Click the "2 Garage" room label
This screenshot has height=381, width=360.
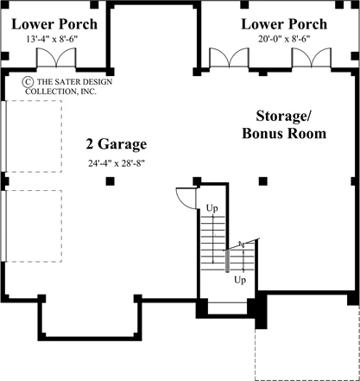(117, 144)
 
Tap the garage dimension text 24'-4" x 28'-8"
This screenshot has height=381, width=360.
(117, 163)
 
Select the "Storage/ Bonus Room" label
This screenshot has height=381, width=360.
(284, 124)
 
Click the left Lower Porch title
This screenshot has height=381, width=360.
(54, 24)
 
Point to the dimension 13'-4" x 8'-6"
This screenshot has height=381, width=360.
(52, 39)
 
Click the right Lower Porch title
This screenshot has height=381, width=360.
(284, 24)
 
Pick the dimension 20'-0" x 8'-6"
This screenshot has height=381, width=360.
(284, 39)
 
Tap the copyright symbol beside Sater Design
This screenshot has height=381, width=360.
(28, 82)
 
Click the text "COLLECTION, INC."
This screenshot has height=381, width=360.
(60, 92)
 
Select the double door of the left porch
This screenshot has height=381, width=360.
(56, 58)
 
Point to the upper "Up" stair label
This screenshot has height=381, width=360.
(212, 208)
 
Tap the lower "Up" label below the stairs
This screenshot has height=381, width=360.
(240, 280)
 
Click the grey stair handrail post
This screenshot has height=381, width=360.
(227, 261)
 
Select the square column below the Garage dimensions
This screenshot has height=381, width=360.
(110, 181)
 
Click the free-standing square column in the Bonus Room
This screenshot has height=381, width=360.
(263, 181)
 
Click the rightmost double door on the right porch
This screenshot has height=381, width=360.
(312, 58)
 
